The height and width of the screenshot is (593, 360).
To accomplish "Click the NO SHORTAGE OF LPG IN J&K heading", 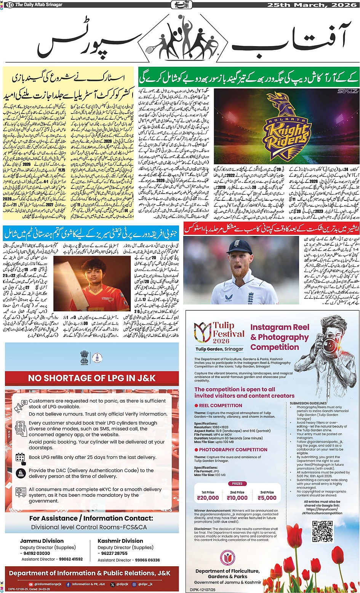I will coord(92,378).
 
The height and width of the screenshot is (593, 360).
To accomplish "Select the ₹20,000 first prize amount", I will coord(208,497).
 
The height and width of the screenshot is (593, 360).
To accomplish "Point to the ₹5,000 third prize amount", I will coord(267,497).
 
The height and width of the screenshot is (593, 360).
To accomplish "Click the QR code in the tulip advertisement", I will coord(323,531).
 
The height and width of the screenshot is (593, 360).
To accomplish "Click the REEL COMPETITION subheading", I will coord(220,405).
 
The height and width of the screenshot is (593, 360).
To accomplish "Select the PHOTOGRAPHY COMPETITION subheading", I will coord(233,450).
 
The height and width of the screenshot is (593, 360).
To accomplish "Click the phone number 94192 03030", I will coord(37,553).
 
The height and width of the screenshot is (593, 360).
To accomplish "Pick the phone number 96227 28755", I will coord(114,553).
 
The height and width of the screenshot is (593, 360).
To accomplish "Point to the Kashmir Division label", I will coord(120,541).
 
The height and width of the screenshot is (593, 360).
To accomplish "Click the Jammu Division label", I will coord(42,541).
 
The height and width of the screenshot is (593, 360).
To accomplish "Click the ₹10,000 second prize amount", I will coord(237,497).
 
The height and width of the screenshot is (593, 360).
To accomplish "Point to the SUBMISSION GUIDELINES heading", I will coord(308,403).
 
